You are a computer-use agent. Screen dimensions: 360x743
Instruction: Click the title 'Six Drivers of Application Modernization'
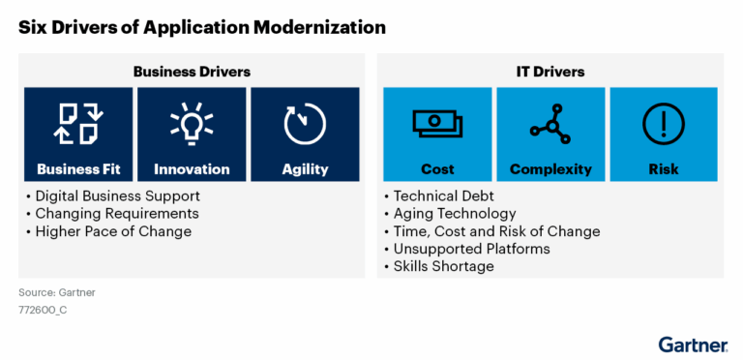(x=201, y=26)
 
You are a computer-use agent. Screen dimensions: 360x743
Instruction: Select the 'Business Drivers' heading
(x=192, y=72)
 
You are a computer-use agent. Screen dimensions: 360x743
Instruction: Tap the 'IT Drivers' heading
(x=550, y=72)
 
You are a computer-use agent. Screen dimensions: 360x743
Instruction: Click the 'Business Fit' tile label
(x=78, y=169)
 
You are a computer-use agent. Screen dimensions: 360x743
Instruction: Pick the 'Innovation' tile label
(x=192, y=169)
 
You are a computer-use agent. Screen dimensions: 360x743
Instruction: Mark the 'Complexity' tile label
(x=550, y=169)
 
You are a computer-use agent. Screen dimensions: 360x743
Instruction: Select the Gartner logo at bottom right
(x=693, y=344)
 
